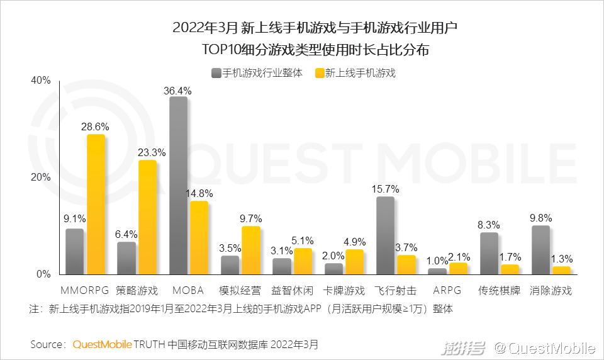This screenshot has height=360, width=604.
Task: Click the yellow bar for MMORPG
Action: point(96,205)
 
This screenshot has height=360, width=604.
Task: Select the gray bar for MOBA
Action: point(179,186)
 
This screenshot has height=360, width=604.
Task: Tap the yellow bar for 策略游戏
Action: point(147,217)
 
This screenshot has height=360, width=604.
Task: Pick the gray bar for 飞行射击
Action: point(385,235)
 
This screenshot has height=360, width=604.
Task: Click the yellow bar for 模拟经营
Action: point(251,250)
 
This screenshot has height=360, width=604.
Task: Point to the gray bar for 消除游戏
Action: point(540,250)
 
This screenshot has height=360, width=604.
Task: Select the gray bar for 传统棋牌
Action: point(489,253)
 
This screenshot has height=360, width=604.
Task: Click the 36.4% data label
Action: point(178,91)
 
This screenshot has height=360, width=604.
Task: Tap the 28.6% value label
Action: point(95,127)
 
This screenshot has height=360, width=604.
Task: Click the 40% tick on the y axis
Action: point(40,81)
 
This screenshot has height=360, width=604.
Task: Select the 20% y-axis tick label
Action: point(40,177)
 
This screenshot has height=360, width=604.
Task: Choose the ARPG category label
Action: point(447,291)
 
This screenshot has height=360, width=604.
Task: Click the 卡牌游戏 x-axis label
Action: point(345,291)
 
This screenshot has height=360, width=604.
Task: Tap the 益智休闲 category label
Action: point(293,291)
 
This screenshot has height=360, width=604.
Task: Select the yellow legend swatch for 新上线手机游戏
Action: point(319,73)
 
